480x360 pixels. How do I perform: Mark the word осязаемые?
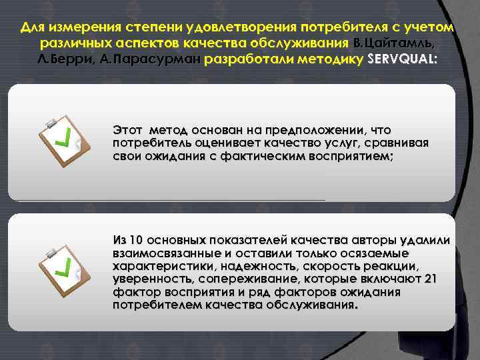380,253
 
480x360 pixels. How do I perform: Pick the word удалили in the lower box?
425,240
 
